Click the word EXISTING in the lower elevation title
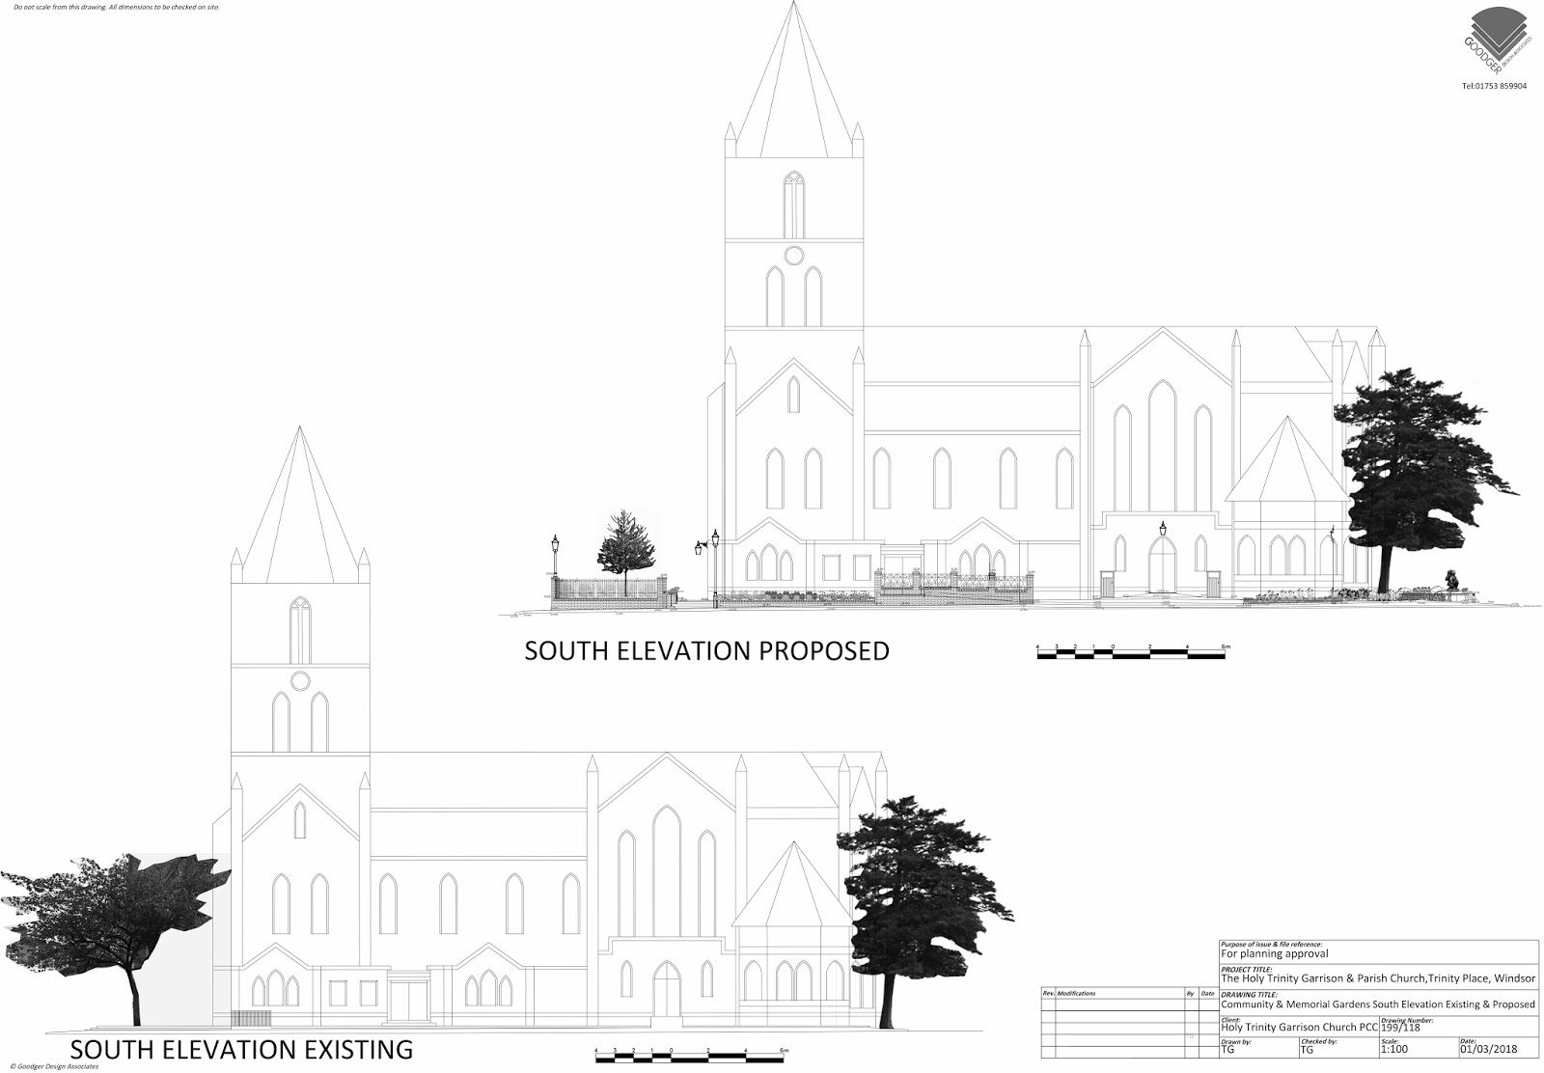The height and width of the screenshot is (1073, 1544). tap(342, 1049)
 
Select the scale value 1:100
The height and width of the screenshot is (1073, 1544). tap(1394, 1049)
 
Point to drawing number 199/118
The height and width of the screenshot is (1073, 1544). tap(1403, 1027)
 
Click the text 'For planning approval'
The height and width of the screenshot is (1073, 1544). tap(1274, 953)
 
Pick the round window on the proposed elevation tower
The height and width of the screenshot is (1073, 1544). tap(793, 255)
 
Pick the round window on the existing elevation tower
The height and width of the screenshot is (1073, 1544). tap(300, 680)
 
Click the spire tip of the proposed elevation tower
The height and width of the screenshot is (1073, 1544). tap(794, 4)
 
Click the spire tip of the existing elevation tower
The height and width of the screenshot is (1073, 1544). tap(300, 428)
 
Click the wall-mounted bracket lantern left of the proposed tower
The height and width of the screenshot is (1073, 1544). tap(700, 548)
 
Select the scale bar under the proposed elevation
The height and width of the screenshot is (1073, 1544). tap(1131, 655)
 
